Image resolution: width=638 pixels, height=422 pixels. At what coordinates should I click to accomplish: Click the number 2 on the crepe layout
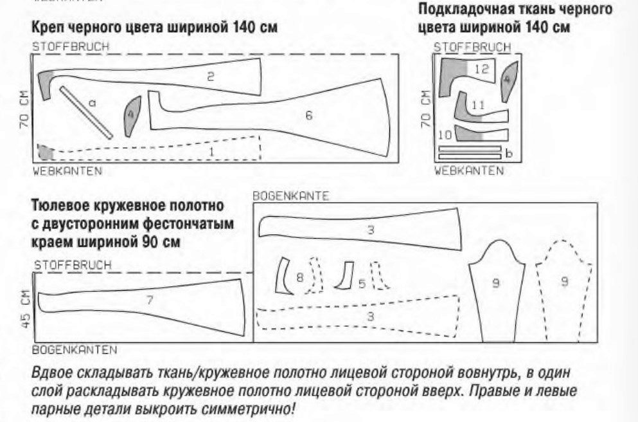click(x=210, y=76)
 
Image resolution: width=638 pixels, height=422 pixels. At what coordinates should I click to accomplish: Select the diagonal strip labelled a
click(x=86, y=113)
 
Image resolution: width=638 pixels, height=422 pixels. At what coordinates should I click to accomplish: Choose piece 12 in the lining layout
click(x=468, y=75)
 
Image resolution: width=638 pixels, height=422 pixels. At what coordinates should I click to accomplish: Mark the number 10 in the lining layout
click(x=445, y=134)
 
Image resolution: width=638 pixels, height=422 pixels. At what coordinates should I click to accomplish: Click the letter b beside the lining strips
click(x=509, y=153)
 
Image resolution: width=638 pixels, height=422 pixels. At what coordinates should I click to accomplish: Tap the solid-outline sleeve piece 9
click(x=497, y=289)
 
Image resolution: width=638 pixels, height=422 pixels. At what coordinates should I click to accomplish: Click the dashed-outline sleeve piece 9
click(x=564, y=289)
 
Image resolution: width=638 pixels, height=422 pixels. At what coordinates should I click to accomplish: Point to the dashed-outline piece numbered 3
click(x=358, y=316)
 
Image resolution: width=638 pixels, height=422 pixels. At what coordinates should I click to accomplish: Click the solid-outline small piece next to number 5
click(x=345, y=275)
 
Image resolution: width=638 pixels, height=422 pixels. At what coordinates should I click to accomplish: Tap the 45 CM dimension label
click(x=26, y=308)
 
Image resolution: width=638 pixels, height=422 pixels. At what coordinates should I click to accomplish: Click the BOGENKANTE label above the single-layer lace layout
click(x=290, y=196)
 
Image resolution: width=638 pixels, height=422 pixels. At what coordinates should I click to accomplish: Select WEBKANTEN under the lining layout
click(x=469, y=170)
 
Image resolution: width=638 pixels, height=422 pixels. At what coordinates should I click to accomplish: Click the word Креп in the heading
click(x=47, y=28)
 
